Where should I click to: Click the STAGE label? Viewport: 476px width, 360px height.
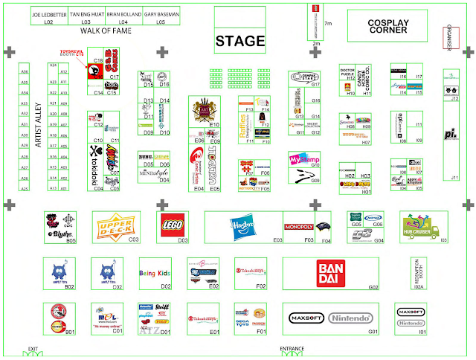240,41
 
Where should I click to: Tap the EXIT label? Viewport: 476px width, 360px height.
33,348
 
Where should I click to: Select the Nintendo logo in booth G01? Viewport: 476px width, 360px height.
350,318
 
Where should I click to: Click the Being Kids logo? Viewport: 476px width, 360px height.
155,273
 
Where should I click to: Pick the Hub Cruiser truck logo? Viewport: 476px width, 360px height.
421,224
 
